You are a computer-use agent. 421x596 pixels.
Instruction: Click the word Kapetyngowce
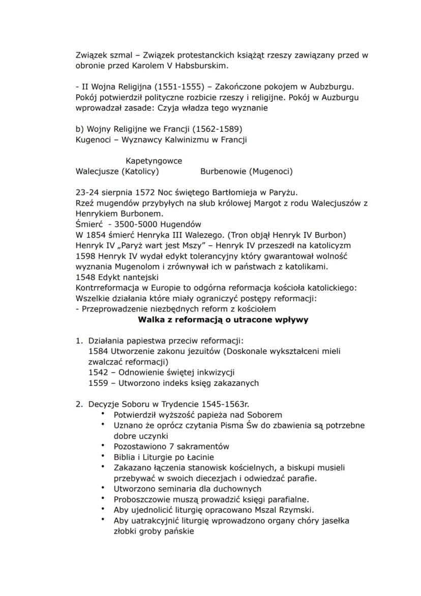pos(154,161)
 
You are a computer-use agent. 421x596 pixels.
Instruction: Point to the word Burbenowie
pos(223,172)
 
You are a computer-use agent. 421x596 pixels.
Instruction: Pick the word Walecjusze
pos(97,172)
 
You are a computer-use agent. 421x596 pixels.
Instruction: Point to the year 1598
pos(84,256)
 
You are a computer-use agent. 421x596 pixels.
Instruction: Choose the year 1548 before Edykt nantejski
pos(84,277)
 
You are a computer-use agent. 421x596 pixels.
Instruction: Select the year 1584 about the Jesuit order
pos(98,351)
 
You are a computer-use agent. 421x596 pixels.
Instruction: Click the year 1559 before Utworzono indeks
pos(98,383)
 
